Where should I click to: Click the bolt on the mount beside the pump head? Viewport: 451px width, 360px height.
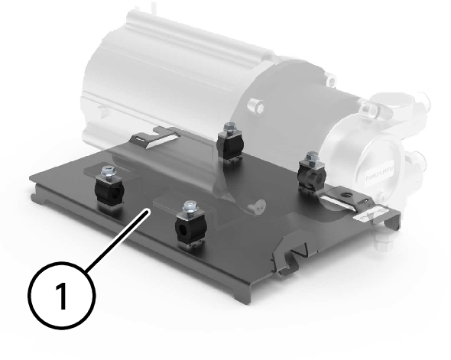point(311,158)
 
